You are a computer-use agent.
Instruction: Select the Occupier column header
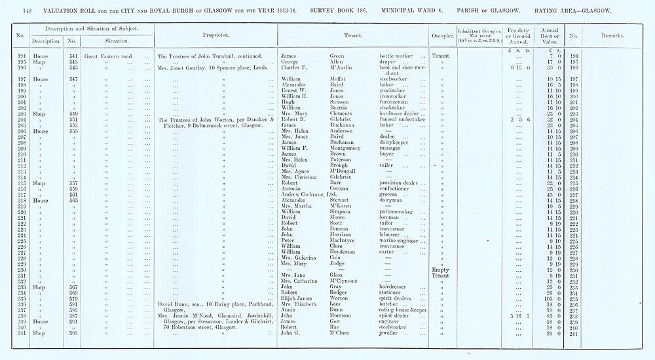point(440,34)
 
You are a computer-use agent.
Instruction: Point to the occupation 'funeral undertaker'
point(402,120)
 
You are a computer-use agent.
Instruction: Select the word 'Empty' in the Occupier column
point(440,269)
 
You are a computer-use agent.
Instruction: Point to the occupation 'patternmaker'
point(397,211)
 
